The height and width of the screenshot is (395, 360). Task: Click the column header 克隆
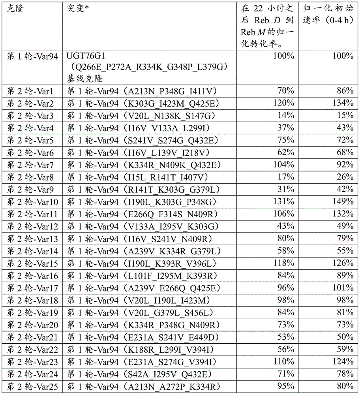click(x=16, y=8)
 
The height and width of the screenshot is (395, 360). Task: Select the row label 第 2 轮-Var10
click(x=33, y=202)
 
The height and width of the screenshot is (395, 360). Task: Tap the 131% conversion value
click(x=284, y=202)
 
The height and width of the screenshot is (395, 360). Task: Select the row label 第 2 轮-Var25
click(x=33, y=386)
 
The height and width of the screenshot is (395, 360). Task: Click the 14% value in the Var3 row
click(x=286, y=116)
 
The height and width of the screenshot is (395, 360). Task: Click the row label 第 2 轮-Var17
click(x=33, y=288)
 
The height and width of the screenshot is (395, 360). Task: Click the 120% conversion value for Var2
click(x=284, y=103)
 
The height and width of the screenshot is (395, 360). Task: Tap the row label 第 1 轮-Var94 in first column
click(x=33, y=56)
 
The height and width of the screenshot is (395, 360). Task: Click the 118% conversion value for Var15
click(x=284, y=263)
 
